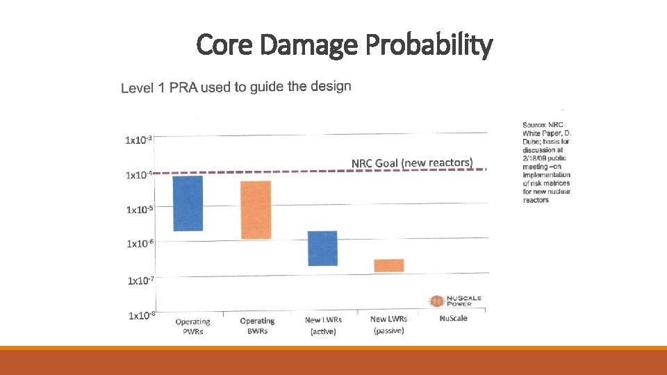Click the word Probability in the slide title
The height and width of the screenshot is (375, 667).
pyautogui.click(x=429, y=45)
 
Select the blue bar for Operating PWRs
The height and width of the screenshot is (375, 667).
pyautogui.click(x=188, y=203)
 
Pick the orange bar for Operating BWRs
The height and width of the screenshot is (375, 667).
pyautogui.click(x=256, y=210)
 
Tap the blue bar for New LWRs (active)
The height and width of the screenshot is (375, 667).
pyautogui.click(x=322, y=248)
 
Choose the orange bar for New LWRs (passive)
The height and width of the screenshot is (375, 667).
pyautogui.click(x=388, y=265)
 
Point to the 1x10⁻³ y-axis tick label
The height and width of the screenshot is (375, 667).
pyautogui.click(x=139, y=140)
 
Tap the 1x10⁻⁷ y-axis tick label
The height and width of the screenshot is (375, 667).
pyautogui.click(x=141, y=281)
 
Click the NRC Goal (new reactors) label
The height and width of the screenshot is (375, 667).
pyautogui.click(x=412, y=163)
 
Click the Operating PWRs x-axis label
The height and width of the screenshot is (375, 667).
pyautogui.click(x=192, y=326)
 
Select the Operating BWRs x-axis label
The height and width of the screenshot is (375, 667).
pyautogui.click(x=257, y=326)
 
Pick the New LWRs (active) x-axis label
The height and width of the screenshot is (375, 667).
pyautogui.click(x=322, y=325)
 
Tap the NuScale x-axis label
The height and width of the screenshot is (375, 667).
pyautogui.click(x=454, y=318)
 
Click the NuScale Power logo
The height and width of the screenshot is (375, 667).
pyautogui.click(x=456, y=300)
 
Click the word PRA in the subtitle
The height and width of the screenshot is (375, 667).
pyautogui.click(x=179, y=87)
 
